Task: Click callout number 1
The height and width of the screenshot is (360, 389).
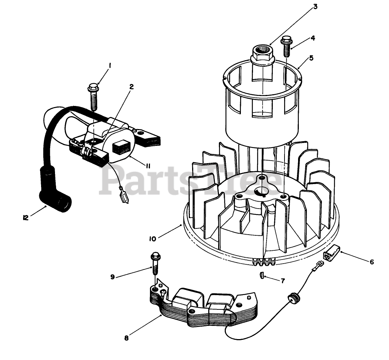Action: point(109,66)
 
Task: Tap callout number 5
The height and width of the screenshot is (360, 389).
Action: point(311,58)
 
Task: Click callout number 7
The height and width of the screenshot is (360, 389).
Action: point(283,281)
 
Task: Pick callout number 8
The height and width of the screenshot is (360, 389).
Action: point(126,338)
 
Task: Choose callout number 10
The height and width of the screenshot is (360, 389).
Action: point(153,239)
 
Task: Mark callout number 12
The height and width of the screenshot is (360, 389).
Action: point(25,217)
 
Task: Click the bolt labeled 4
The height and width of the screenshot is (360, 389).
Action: point(286,47)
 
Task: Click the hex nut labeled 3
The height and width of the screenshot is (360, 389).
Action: point(262,55)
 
